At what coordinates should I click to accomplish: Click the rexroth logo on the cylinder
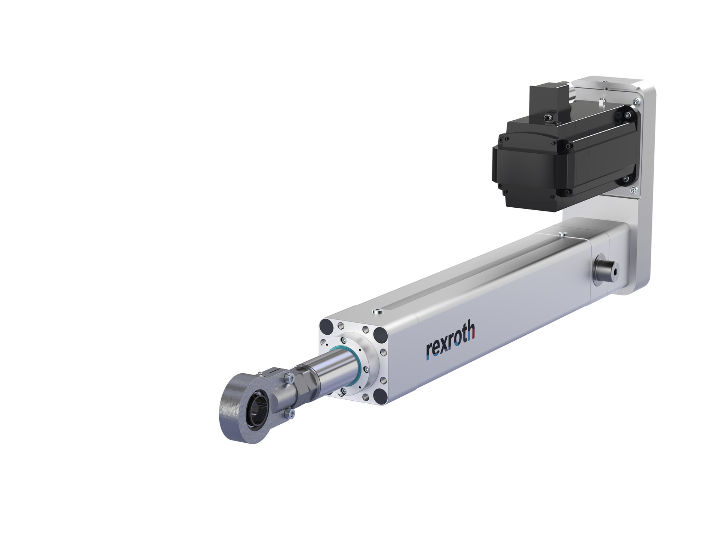[x=450, y=341]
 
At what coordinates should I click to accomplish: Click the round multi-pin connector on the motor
[x=548, y=119]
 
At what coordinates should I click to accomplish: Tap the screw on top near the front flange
[x=376, y=311]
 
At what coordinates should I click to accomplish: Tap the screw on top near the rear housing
[x=561, y=235]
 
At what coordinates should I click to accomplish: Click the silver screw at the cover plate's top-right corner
[x=636, y=101]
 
